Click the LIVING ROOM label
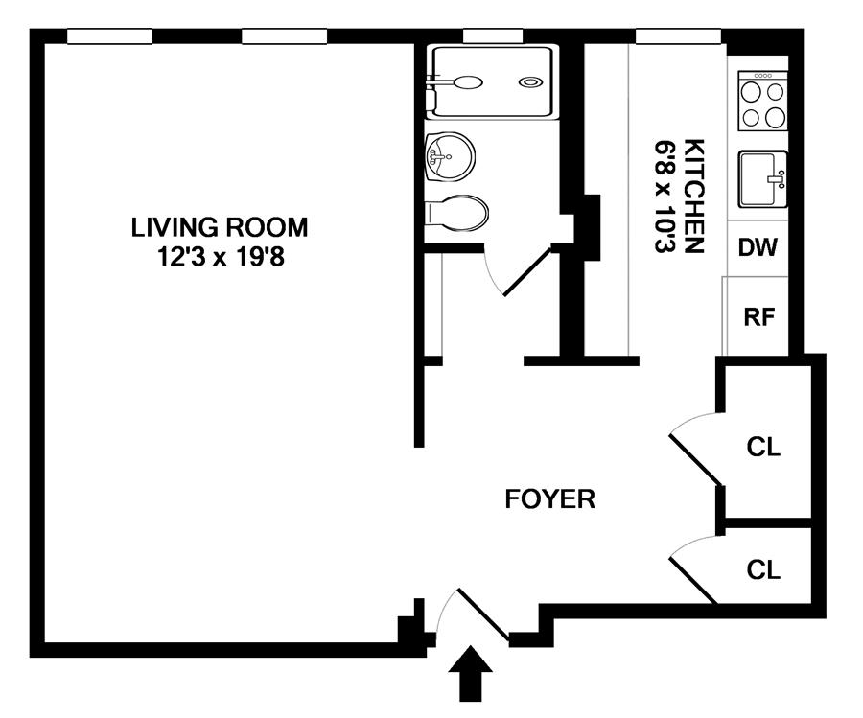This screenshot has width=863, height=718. point(219,227)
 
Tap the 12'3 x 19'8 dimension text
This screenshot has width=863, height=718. point(221,256)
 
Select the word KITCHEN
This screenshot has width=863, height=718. point(693,197)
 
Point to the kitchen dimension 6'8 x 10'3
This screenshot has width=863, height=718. point(665,197)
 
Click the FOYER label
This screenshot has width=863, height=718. point(549,499)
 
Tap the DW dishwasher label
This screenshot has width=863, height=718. point(758,247)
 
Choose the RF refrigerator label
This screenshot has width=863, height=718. point(759,316)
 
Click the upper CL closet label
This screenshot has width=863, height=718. point(763,447)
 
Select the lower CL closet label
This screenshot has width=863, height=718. point(763,569)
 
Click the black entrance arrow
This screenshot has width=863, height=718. point(470,674)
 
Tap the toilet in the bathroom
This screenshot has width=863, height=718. point(456,213)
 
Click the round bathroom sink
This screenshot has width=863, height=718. point(450,156)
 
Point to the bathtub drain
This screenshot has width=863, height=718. point(529,82)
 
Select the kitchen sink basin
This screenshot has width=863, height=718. point(763,179)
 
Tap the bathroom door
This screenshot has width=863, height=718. point(527,272)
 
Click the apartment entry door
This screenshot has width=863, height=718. point(482,615)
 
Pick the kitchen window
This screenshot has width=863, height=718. point(678,35)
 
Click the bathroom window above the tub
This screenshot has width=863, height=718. point(493,35)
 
